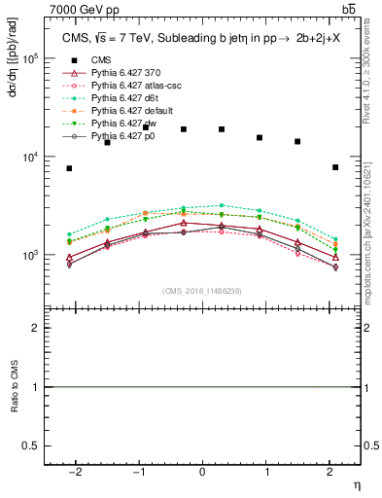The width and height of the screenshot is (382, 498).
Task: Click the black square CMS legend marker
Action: coord(68,60)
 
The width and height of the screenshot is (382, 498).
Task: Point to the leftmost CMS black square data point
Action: coord(69,168)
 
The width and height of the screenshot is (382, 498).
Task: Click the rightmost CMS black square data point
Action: coord(335,167)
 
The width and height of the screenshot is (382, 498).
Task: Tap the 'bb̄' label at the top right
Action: coord(349,9)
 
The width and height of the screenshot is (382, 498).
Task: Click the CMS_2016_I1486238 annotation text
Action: coord(202,291)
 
